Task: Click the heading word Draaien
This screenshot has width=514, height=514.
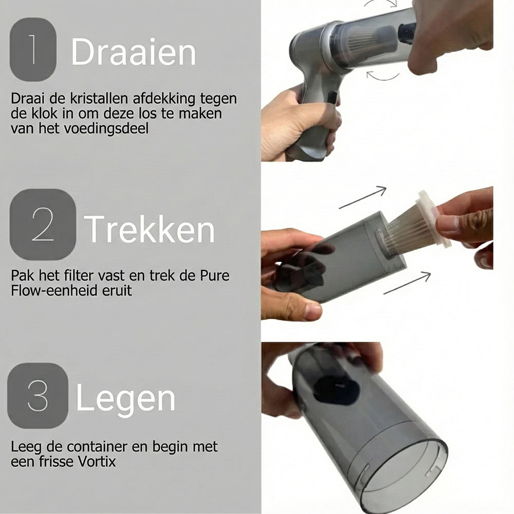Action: pyautogui.click(x=133, y=51)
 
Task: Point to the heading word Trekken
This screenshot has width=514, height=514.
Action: pyautogui.click(x=149, y=229)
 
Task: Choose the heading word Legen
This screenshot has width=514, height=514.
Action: pyautogui.click(x=125, y=399)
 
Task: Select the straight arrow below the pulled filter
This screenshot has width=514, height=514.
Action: pyautogui.click(x=407, y=283)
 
